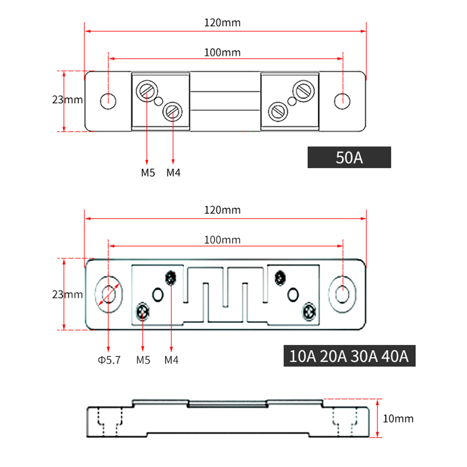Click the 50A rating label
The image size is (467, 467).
point(349,158)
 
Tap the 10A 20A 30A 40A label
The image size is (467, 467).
point(349,357)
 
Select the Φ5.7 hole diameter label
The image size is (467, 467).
point(109,360)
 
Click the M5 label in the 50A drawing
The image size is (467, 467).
point(148,173)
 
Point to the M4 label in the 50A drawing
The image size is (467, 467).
point(173,173)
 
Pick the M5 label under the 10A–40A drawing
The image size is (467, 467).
point(143,360)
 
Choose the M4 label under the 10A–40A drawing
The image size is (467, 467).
point(172,360)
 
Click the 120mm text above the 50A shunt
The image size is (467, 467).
point(222,22)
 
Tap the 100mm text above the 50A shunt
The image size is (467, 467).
point(222,52)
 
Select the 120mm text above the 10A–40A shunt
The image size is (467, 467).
point(222,210)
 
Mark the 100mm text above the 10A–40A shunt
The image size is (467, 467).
point(222,240)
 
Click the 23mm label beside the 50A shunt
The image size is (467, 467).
point(67,100)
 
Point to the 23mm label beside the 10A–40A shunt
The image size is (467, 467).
point(67,295)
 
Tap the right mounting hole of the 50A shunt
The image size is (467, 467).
point(343,100)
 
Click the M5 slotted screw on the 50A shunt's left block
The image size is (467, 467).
point(145,89)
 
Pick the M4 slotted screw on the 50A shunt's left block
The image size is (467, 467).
point(172,111)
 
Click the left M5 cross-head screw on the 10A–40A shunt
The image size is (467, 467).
point(142,312)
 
